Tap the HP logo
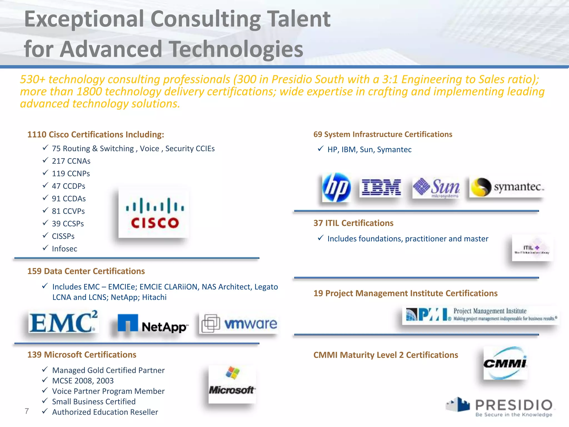tap(336, 187)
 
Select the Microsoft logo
tap(232, 384)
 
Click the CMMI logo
tap(505, 363)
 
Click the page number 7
tap(27, 411)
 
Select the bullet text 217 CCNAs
tap(71, 161)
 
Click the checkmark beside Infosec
tap(45, 248)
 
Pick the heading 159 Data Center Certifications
tap(86, 271)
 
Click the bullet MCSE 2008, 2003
tap(83, 381)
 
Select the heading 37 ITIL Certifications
tap(353, 223)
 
